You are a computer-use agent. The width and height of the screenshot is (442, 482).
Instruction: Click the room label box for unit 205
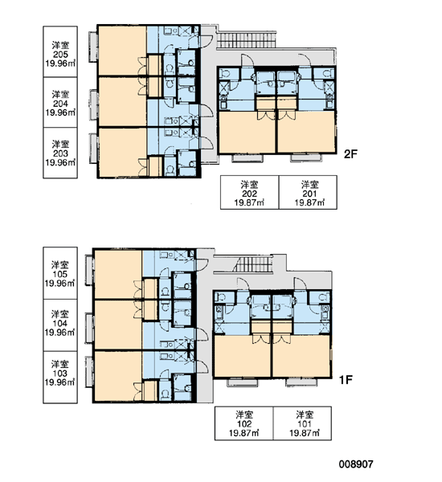(60, 51)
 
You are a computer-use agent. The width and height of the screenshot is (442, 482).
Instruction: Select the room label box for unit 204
(60, 102)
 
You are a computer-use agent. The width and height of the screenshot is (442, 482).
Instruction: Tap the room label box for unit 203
(60, 153)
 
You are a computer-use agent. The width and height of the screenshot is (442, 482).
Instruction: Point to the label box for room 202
(249, 193)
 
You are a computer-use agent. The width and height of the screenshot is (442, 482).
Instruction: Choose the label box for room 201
(308, 193)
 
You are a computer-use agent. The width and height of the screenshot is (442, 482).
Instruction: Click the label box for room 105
(60, 273)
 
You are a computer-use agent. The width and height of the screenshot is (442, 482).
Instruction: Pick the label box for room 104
(60, 325)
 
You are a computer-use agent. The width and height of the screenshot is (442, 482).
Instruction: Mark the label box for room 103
(60, 378)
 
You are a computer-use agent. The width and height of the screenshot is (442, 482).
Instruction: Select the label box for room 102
(244, 423)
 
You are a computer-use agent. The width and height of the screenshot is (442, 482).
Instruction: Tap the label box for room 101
(302, 423)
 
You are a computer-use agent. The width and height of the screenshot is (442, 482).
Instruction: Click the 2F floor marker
(350, 153)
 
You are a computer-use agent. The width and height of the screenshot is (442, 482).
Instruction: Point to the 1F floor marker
(346, 380)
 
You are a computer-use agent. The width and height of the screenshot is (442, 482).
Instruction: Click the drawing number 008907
(356, 464)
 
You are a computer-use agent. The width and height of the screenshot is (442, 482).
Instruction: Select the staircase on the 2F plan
(247, 40)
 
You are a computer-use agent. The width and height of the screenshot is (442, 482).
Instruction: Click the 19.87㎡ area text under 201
(309, 202)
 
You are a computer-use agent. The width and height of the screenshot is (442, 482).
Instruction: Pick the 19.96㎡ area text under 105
(59, 283)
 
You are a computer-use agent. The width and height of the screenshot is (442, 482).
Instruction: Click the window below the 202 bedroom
(248, 158)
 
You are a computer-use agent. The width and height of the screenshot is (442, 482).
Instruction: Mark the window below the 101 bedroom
(301, 382)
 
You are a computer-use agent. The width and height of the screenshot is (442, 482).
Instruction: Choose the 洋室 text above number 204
(60, 94)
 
